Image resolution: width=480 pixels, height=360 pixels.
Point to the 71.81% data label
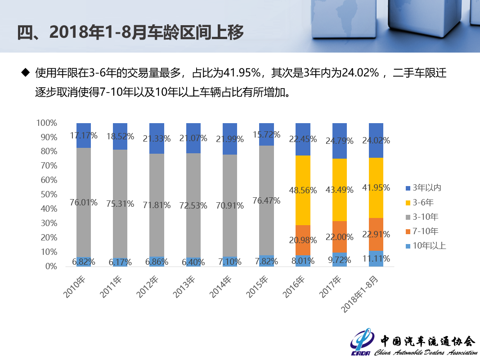[157, 205]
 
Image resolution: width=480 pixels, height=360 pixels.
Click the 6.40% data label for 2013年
[194, 262]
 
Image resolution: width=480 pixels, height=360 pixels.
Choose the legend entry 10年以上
[428, 246]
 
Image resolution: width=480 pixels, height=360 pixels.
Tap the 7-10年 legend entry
[425, 231]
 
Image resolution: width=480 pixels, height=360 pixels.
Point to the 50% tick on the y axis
[46, 194]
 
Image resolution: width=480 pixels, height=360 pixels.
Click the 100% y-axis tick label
[46, 123]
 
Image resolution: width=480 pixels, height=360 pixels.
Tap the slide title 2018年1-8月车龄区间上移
[130, 33]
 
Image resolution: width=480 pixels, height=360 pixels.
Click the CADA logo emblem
[363, 343]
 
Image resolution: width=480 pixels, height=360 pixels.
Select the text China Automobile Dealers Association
[426, 352]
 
